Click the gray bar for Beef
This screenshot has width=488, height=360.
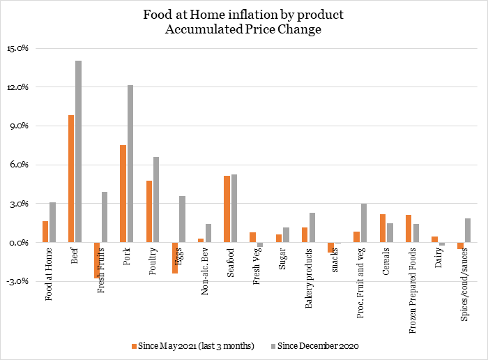(x=79, y=151)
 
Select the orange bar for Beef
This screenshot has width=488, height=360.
(x=71, y=179)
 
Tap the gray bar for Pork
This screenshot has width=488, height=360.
(x=130, y=164)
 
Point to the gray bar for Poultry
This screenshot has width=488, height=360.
(x=156, y=200)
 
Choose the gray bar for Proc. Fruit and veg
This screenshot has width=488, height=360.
(x=364, y=223)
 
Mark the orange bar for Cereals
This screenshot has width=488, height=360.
(x=383, y=228)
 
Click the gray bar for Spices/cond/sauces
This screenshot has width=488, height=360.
(x=468, y=230)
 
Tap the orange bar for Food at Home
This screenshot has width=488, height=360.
(x=45, y=232)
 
